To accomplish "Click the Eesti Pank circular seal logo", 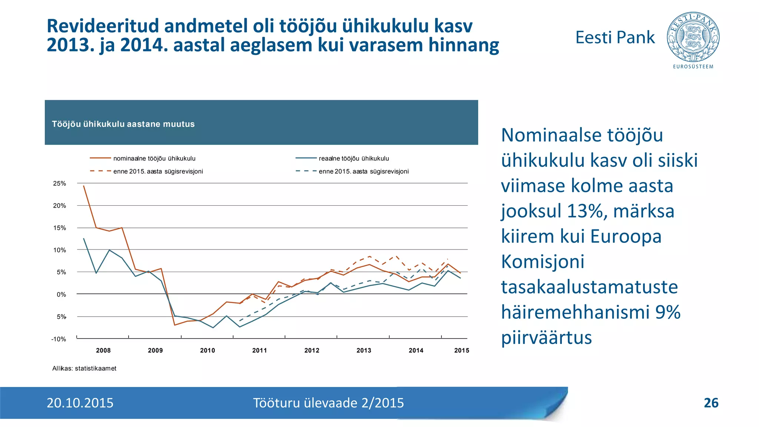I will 693,37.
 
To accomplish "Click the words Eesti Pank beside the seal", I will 615,37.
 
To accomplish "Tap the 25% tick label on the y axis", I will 60,183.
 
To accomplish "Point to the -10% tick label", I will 59,339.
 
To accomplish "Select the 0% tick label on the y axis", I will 62,295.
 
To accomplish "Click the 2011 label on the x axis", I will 259,350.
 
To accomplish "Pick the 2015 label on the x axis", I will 461,350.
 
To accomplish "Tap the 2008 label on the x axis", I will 103,350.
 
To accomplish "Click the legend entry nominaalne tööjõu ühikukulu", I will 154,159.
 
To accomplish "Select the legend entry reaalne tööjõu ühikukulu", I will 354,159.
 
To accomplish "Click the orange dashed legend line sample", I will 100,171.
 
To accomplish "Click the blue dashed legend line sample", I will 306,171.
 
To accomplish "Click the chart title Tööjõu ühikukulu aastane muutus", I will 123,124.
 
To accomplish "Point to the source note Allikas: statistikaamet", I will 84,368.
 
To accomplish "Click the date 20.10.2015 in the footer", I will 80,403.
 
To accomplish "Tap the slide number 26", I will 711,403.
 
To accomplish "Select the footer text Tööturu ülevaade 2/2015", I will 328,403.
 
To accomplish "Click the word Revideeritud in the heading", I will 103,26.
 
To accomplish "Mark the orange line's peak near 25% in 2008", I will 84,186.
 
